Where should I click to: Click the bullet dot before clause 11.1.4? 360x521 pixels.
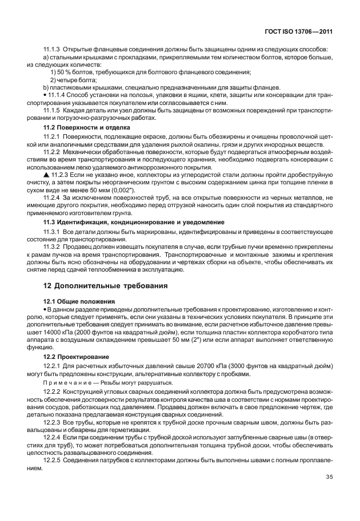pyautogui.click(x=45, y=94)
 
